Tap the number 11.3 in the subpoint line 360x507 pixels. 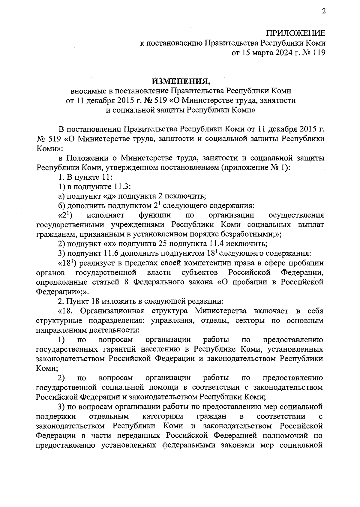tap(121, 187)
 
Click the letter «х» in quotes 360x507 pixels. tap(110, 244)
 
